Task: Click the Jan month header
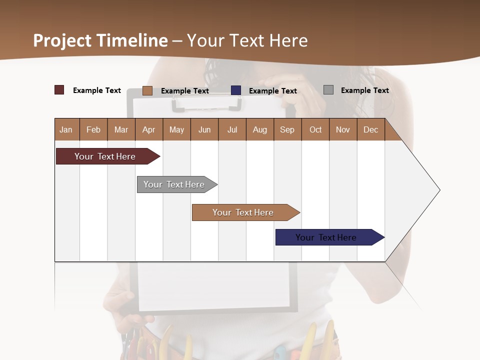click(x=66, y=130)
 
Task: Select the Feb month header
click(x=93, y=130)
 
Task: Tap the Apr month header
click(x=149, y=130)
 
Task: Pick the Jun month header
click(x=204, y=130)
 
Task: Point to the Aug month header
click(x=260, y=130)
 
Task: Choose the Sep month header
click(x=287, y=130)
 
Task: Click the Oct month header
click(x=315, y=130)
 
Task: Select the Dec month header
click(x=371, y=130)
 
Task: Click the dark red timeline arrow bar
click(x=105, y=156)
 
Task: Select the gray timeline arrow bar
click(x=174, y=184)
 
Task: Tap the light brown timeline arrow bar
click(x=243, y=212)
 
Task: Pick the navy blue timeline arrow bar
click(x=326, y=237)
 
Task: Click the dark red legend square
click(x=59, y=90)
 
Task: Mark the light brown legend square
click(x=147, y=90)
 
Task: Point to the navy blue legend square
click(x=236, y=90)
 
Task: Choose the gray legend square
click(x=328, y=90)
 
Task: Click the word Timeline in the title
click(x=132, y=40)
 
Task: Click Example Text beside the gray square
click(x=364, y=90)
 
